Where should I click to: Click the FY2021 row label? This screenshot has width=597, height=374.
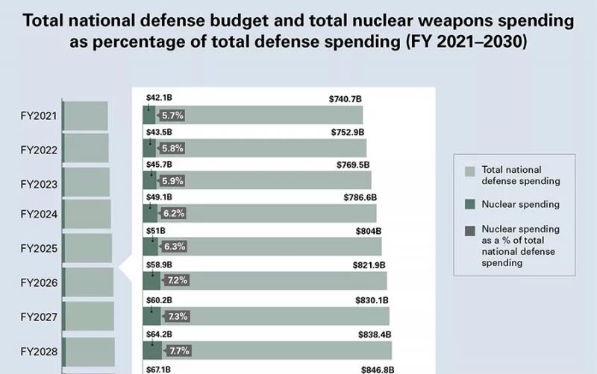point(39,116)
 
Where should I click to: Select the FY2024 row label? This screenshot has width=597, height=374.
point(39,215)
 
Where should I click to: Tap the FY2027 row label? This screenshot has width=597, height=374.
point(39,317)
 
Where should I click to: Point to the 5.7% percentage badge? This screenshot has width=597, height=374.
point(172,115)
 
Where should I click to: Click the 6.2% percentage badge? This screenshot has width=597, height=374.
point(172,213)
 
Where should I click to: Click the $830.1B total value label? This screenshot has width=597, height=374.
point(371,300)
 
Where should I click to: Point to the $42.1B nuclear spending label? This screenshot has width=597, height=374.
point(159,98)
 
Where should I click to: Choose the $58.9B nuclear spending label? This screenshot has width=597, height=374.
point(159,264)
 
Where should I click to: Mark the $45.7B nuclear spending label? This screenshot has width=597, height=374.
point(159,164)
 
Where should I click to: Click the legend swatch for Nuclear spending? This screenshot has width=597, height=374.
point(469,203)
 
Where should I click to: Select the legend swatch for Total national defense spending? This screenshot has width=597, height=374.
point(469,171)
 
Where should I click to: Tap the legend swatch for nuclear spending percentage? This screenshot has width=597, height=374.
point(469,231)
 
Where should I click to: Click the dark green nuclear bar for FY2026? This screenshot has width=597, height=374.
point(151,281)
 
